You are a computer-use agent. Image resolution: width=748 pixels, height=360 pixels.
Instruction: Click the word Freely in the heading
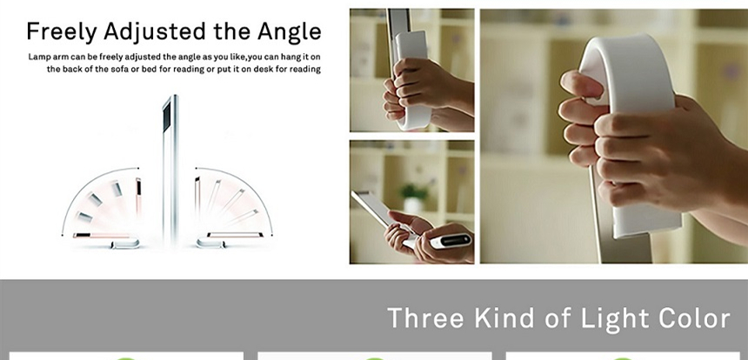tap(62, 32)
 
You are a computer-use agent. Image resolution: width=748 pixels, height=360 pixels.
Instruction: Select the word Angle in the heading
tap(289, 32)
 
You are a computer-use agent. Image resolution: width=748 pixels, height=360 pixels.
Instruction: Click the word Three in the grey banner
tap(425, 318)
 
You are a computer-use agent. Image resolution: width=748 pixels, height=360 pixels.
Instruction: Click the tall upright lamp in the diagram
tap(170, 170)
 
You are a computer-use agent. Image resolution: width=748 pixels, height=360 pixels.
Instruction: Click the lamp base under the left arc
tap(125, 243)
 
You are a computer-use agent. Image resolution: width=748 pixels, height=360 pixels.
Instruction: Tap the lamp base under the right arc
tap(210, 243)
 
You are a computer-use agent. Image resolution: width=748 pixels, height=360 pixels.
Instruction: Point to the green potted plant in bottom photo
tap(413, 197)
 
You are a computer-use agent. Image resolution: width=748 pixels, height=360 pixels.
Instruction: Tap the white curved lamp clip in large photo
tap(630, 134)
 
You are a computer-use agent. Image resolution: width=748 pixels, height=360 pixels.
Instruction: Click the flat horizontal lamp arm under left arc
tap(102, 236)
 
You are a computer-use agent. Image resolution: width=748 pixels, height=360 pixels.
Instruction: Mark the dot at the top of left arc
tap(138, 168)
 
